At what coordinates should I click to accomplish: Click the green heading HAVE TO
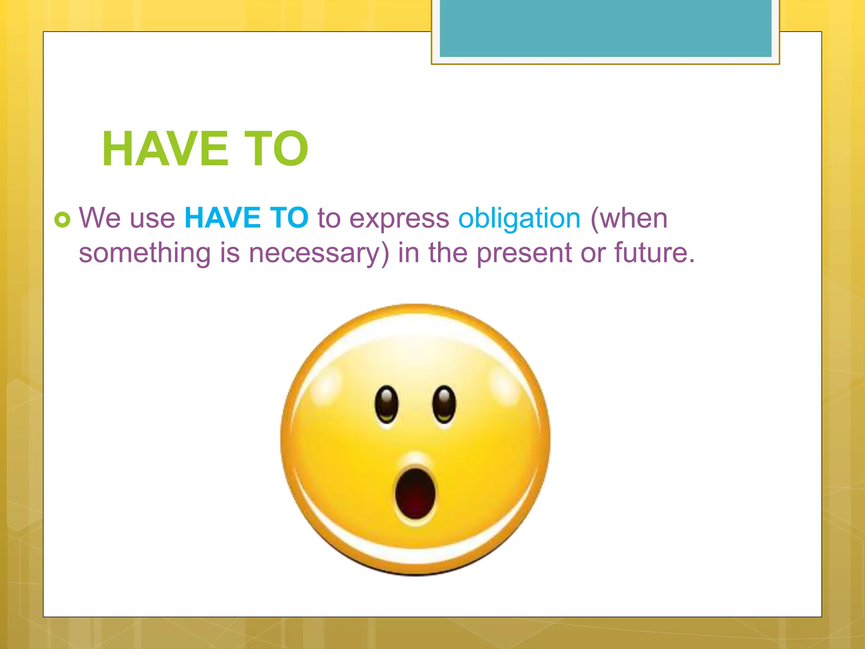coord(205,149)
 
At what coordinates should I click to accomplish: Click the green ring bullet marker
coord(63,219)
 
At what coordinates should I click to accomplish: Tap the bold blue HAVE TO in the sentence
coord(247,218)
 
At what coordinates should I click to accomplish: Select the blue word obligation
coord(520,219)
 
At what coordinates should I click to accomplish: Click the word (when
coord(629,219)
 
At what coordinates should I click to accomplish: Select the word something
coord(144,254)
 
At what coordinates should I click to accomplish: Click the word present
coord(524,254)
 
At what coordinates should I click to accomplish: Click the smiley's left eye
coord(386,404)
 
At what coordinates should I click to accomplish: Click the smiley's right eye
coord(444,404)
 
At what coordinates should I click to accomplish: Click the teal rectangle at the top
coord(605,28)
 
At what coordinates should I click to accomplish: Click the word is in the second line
coord(230,253)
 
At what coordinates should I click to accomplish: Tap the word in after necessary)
coord(408,253)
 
